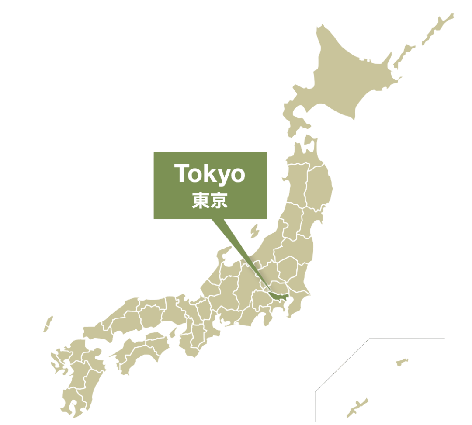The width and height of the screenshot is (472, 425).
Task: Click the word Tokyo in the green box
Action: tap(210, 174)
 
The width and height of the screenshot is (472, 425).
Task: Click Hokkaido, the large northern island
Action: tap(345, 79)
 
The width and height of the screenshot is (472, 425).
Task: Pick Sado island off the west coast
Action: tap(254, 231)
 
